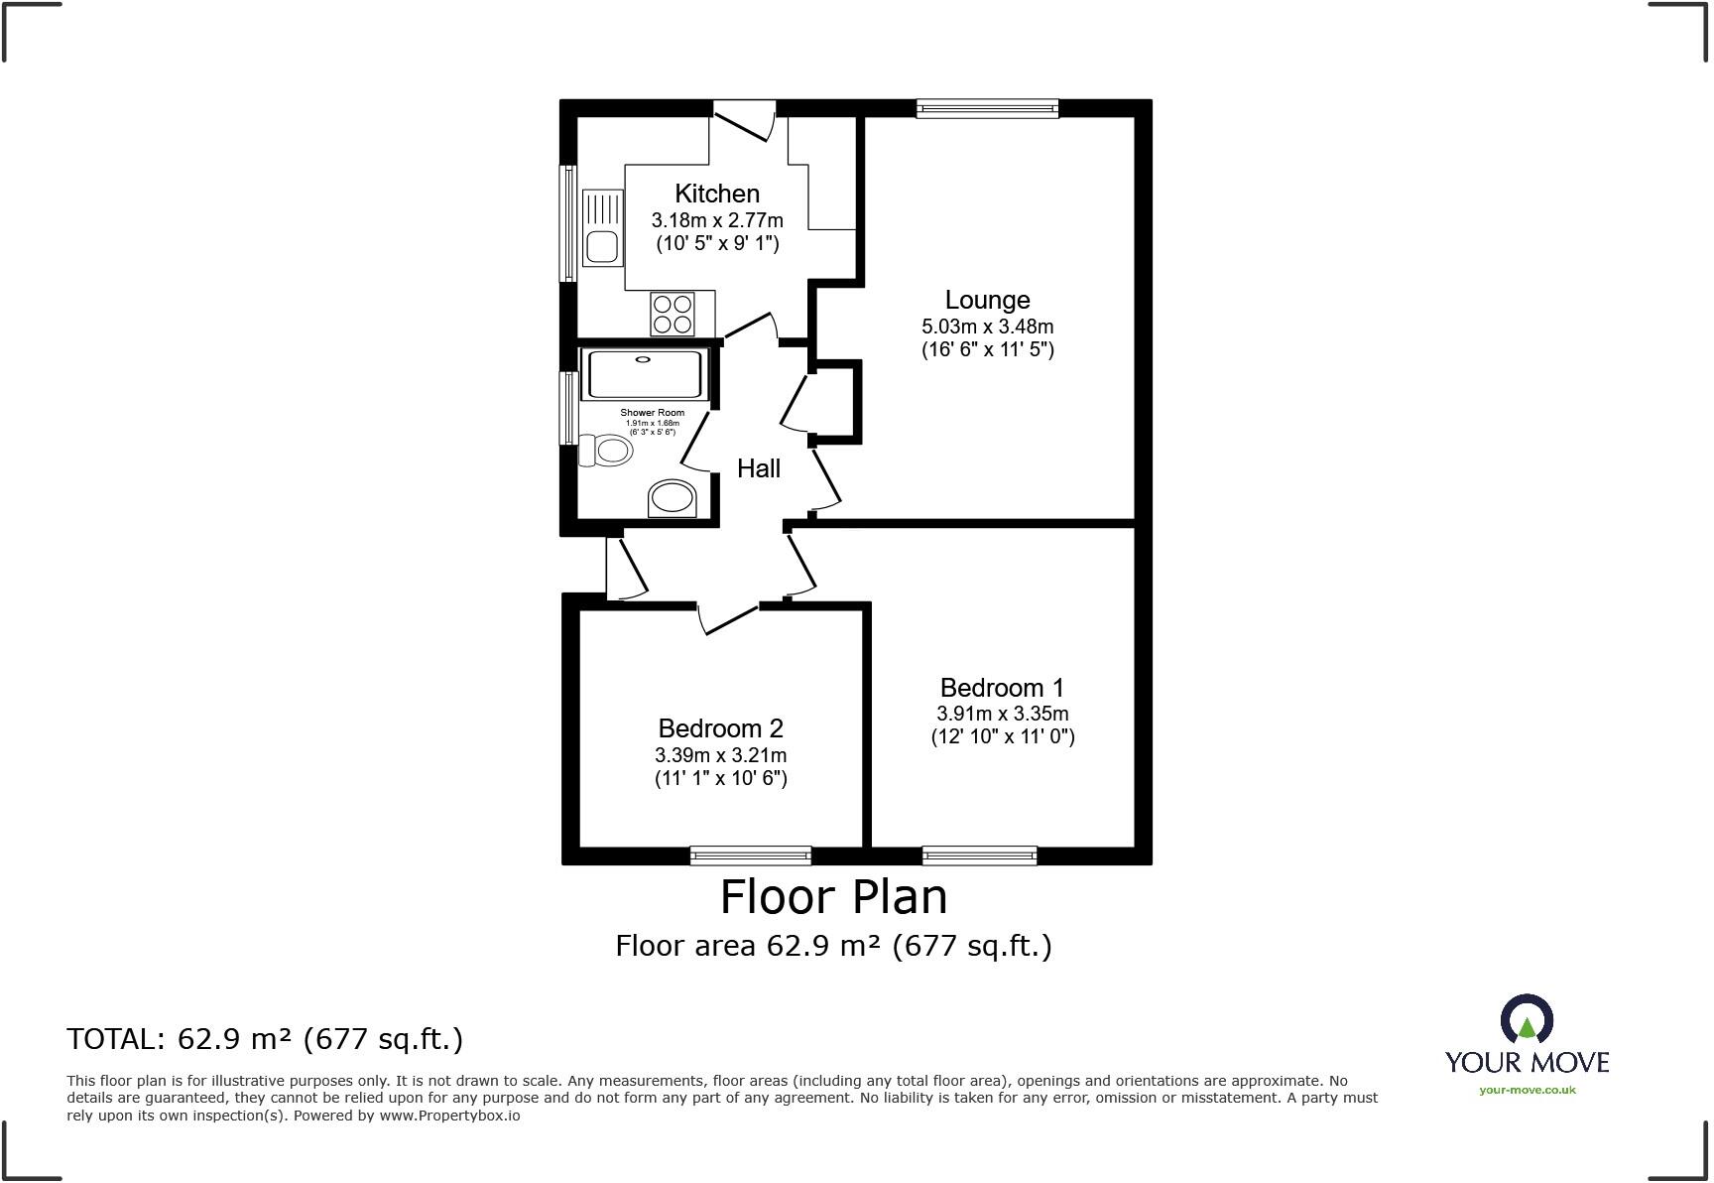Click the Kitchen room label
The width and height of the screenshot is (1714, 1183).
717,194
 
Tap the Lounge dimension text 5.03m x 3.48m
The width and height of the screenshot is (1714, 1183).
987,327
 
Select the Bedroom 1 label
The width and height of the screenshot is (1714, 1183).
1002,688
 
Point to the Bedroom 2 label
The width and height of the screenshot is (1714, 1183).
720,728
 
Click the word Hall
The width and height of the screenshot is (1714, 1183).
759,468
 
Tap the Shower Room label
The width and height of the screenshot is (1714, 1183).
652,413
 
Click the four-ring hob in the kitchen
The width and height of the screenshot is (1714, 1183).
672,314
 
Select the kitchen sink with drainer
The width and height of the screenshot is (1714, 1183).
602,228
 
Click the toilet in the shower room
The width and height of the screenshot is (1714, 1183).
607,452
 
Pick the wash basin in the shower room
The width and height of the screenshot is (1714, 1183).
673,498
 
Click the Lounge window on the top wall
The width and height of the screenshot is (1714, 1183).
987,108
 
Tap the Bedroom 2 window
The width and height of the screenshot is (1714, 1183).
750,855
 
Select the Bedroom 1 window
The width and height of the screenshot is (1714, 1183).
979,855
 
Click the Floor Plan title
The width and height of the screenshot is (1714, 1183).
833,896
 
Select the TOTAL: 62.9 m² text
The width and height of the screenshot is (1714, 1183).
265,1039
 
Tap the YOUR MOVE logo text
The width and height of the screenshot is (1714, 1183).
1527,1062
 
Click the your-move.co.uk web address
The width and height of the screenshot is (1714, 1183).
1527,1090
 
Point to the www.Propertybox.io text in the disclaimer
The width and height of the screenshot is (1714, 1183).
449,1116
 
